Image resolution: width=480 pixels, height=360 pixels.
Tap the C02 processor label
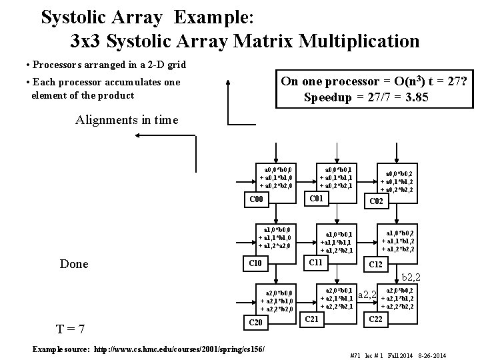[x=377, y=201]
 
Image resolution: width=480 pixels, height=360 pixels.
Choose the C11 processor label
[x=314, y=262]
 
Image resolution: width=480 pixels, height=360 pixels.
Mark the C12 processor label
[x=377, y=265]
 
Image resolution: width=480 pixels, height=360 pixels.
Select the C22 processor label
[x=377, y=319]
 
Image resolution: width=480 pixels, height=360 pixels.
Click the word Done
[x=74, y=264]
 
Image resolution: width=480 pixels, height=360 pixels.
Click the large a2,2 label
[x=368, y=295]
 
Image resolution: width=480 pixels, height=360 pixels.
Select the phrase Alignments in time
[x=127, y=120]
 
